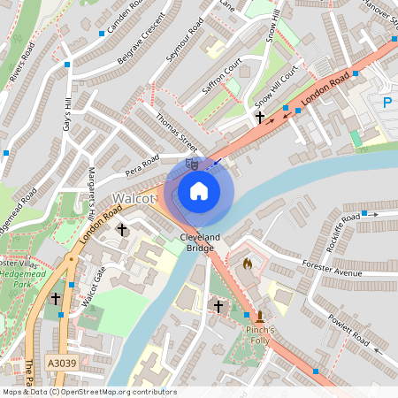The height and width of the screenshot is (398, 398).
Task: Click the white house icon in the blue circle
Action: (199, 190)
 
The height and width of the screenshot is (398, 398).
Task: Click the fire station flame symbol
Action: (247, 264)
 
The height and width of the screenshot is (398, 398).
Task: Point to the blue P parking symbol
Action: (387, 103)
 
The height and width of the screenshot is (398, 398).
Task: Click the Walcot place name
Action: (134, 199)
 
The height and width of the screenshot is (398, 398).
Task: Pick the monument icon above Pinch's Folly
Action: (260, 317)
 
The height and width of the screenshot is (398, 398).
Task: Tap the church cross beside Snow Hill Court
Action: (259, 117)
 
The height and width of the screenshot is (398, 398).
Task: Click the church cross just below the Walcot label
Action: (122, 229)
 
